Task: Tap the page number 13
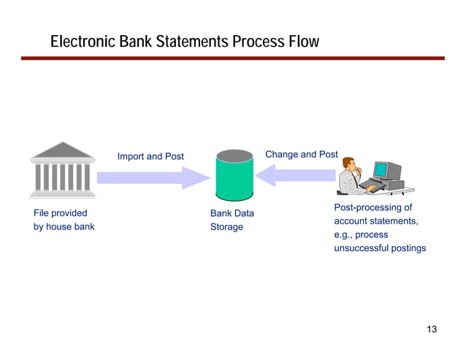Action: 431,329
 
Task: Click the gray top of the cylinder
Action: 234,155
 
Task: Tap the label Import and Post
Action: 150,156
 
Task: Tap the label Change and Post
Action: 301,154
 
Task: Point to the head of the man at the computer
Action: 348,164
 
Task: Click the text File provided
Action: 61,213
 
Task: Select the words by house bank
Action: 64,226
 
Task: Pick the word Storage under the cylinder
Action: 226,227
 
